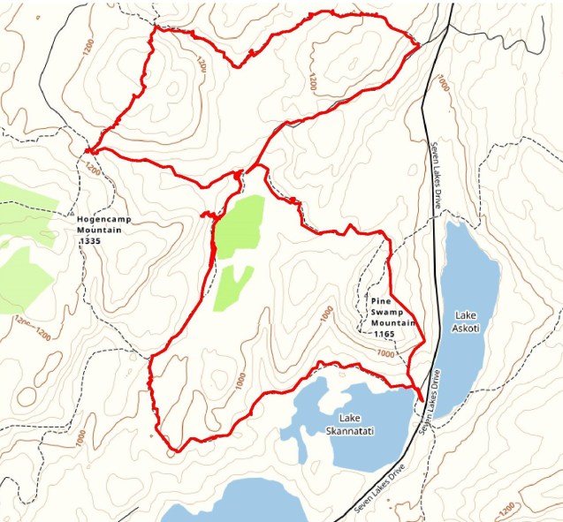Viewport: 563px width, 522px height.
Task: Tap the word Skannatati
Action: (352, 428)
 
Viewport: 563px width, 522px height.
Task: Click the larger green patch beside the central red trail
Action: (239, 226)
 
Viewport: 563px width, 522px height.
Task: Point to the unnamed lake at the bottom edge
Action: (239, 505)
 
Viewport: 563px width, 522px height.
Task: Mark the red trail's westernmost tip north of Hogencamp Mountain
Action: (87, 150)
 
